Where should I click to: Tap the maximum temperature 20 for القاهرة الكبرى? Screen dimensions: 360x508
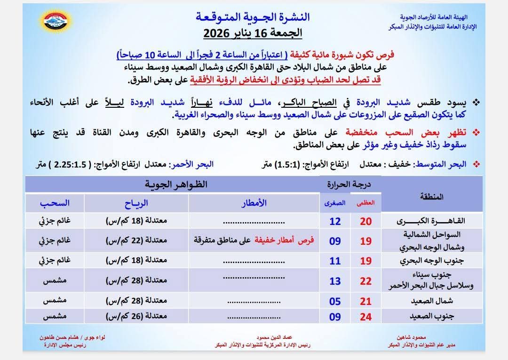tap(366, 222)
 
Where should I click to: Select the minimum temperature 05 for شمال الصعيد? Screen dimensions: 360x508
tap(335, 302)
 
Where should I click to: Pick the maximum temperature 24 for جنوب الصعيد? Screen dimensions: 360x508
tap(366, 317)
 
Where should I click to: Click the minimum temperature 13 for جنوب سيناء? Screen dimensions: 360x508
tap(335, 281)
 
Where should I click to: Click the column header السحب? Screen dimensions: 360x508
tap(55, 203)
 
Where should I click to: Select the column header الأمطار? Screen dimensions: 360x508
tap(254, 203)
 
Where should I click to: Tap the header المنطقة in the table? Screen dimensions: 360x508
tap(430, 197)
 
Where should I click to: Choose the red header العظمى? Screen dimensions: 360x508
tap(366, 203)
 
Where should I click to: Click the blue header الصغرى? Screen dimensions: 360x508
tap(335, 203)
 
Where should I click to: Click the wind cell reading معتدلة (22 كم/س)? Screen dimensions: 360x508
tap(136, 240)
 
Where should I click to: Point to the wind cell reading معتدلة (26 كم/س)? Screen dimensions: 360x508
tap(136, 317)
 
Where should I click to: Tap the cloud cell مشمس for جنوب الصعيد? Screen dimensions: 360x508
tap(55, 317)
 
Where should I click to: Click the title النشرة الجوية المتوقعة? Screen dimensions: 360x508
tap(253, 17)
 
